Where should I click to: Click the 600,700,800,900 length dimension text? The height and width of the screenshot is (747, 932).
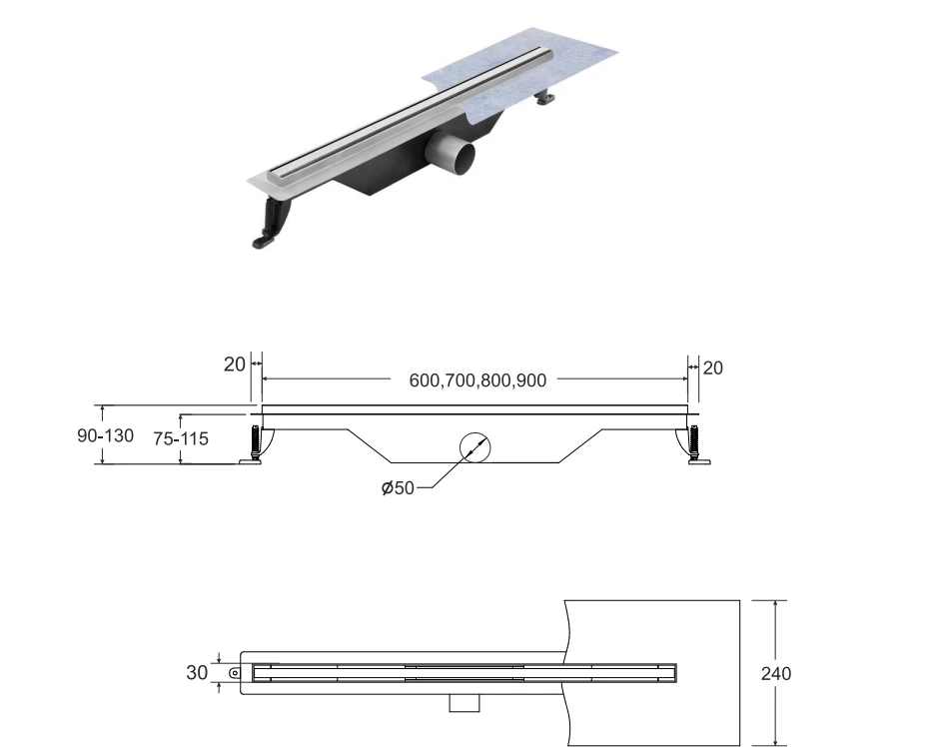coord(477,380)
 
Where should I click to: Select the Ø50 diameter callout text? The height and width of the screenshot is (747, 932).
coord(398,488)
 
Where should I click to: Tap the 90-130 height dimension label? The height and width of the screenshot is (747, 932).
coord(105,435)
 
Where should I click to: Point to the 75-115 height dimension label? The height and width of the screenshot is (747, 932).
coord(181,438)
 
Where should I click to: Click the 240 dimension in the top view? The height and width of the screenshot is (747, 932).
coord(776,673)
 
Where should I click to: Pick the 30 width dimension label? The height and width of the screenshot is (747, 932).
coord(197,672)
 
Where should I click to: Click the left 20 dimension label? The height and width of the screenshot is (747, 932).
coord(234,365)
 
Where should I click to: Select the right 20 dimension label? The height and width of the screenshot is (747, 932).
coord(713,369)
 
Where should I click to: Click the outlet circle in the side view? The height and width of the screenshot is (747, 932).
coord(475,447)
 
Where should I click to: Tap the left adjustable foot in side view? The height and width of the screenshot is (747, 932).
coord(255,445)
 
